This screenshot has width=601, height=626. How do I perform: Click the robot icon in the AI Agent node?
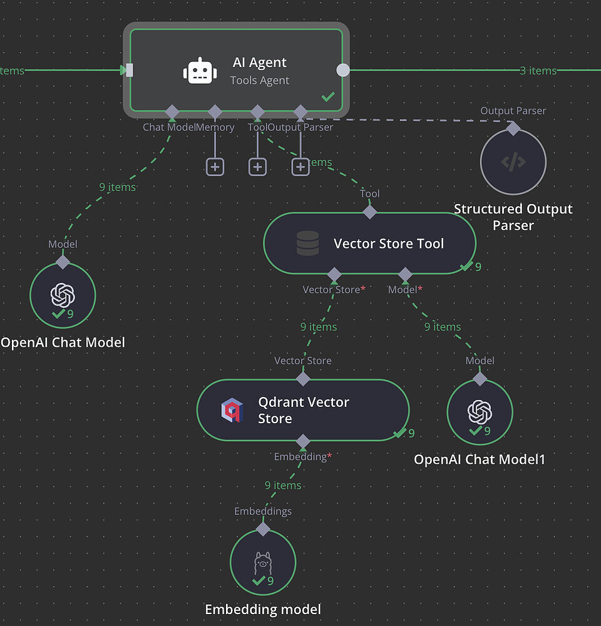pos(200,71)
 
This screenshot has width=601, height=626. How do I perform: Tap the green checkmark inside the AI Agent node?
pos(327,97)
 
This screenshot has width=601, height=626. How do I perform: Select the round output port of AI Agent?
pos(343,70)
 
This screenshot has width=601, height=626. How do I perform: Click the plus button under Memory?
pos(215,167)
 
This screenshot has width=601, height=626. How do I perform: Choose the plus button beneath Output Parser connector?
pos(300,167)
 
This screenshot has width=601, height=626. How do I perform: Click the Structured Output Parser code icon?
pos(513,162)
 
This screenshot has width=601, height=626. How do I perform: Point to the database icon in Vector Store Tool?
pos(307,244)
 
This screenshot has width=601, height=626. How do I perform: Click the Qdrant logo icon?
pos(230,411)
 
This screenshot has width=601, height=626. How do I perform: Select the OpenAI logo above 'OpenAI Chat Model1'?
pos(480,411)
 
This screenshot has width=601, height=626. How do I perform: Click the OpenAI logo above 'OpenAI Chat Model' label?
pos(63,294)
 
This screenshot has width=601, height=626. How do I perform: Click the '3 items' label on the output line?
pos(538,71)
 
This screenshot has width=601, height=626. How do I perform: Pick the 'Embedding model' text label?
pos(263,609)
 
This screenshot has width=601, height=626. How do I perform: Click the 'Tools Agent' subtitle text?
pos(259,80)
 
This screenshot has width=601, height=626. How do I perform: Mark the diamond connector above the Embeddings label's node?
pos(263,529)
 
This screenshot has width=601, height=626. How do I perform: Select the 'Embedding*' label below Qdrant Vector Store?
pos(302,457)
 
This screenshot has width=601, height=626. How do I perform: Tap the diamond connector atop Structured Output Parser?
pos(513,128)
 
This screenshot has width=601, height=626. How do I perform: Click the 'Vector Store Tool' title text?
pos(388,244)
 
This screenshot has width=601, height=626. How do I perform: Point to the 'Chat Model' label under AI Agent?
pos(169,127)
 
